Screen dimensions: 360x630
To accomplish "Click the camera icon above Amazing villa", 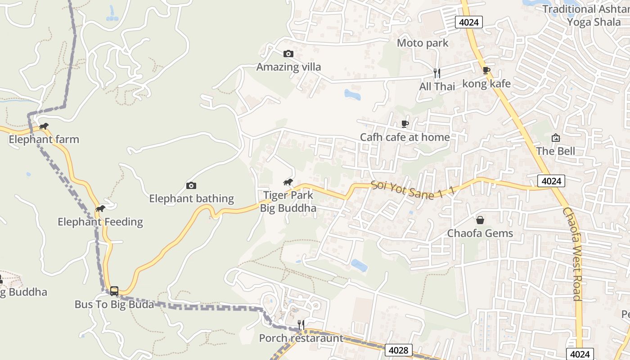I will pos(288,54).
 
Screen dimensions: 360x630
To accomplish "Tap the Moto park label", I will pos(423,43).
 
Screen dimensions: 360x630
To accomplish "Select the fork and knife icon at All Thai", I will pos(436,73).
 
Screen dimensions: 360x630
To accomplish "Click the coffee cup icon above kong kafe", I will pos(486,70).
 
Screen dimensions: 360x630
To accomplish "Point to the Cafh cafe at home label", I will pos(405,137).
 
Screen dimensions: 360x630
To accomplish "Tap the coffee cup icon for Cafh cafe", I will pos(405,124).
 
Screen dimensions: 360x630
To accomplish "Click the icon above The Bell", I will pos(556,138).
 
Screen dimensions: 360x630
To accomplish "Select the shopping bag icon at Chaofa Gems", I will pos(480,220).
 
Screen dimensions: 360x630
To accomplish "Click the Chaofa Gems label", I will pos(480,233).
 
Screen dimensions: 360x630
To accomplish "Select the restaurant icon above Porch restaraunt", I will pos(301,324).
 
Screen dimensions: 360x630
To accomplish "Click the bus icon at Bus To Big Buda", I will pos(114,291).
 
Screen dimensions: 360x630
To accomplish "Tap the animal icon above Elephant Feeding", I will pos(100,208).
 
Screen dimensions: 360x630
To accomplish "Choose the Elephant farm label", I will pos(44,139).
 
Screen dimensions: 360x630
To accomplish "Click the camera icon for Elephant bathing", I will pos(191,185).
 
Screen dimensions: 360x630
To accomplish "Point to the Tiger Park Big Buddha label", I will pos(288,202).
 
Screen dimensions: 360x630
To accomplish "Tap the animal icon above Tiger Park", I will pos(288,182).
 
